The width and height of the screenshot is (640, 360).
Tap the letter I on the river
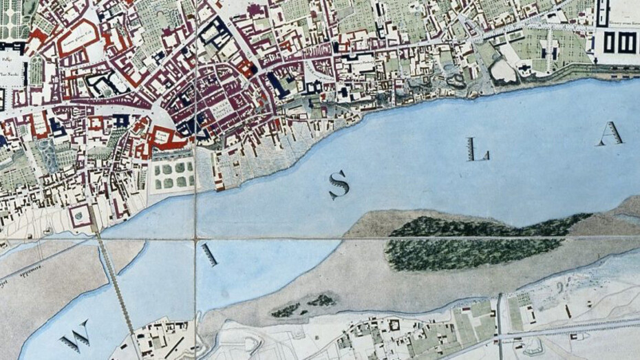point(209,255)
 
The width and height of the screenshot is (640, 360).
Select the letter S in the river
point(338,184)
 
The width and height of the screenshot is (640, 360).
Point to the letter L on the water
point(476,149)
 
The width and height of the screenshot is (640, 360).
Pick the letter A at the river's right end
point(610,134)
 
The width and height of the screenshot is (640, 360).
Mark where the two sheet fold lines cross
point(195,239)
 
